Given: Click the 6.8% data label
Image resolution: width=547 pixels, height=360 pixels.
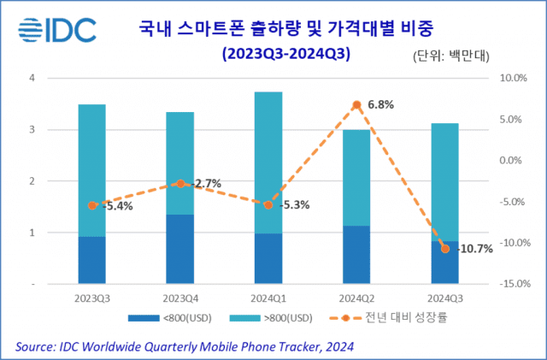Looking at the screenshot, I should [x=383, y=105].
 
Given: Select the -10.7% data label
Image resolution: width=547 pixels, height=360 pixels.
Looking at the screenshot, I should [x=476, y=249].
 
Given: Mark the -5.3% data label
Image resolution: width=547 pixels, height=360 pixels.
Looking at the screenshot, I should [x=292, y=205].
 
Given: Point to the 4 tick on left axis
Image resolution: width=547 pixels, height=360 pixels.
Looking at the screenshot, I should [x=32, y=78].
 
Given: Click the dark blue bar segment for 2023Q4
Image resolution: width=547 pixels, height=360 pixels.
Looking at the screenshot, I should [x=179, y=248].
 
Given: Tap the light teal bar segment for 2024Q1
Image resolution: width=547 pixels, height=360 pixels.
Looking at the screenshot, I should [x=268, y=162].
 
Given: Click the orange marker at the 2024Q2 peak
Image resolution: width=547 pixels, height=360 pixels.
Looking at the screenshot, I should [x=356, y=104].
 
